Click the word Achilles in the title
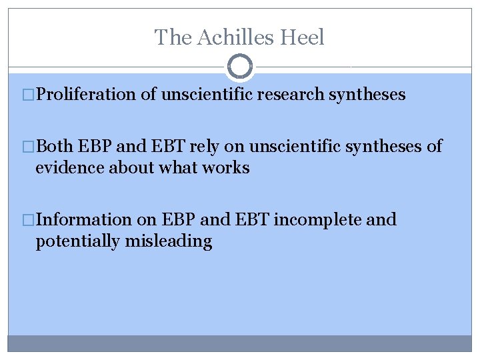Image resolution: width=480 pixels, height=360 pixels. pyautogui.click(x=229, y=37)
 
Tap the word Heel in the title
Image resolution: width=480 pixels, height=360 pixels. pyautogui.click(x=303, y=37)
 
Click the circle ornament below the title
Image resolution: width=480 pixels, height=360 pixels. pyautogui.click(x=240, y=67)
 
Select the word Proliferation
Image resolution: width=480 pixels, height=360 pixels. pyautogui.click(x=87, y=95)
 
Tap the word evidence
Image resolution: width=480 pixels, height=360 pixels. pyautogui.click(x=69, y=168)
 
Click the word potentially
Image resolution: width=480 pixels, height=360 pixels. pyautogui.click(x=78, y=241)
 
